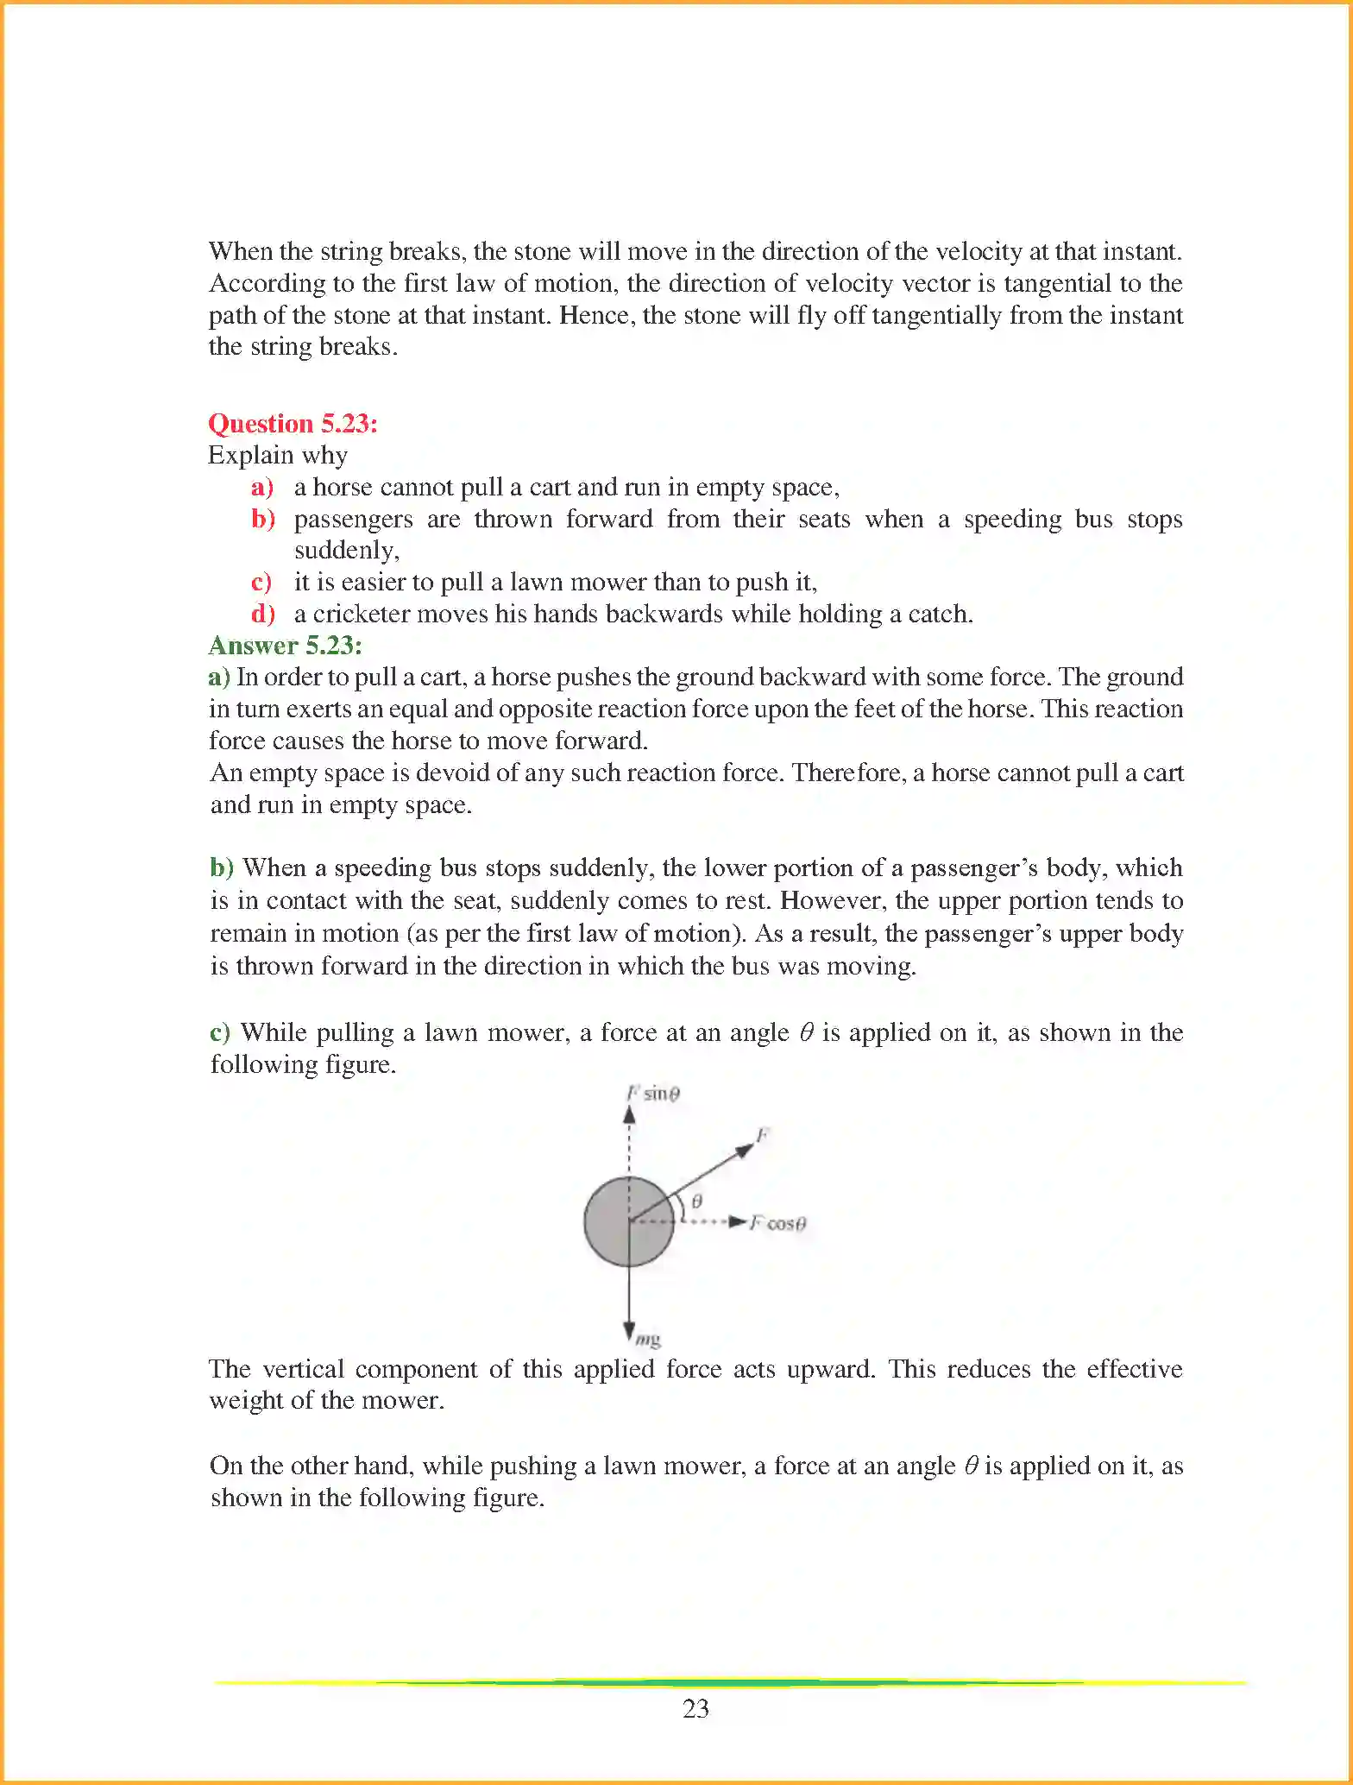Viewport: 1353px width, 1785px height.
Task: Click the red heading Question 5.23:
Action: point(293,423)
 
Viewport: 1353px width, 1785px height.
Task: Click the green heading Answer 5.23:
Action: point(285,645)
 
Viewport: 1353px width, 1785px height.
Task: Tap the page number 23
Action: point(695,1708)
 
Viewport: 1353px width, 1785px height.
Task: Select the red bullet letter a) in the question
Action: point(262,487)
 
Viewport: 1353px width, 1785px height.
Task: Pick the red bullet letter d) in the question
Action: point(262,614)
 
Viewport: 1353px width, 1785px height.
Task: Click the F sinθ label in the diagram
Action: point(653,1094)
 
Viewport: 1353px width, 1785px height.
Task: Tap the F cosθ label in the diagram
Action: point(777,1223)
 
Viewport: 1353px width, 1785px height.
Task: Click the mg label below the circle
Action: point(648,1340)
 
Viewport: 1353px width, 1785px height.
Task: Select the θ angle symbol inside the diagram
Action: point(697,1201)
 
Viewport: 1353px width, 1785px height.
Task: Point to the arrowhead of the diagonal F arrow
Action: point(746,1150)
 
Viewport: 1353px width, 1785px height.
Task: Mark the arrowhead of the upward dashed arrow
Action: point(629,1114)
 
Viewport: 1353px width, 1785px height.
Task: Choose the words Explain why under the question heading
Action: point(278,455)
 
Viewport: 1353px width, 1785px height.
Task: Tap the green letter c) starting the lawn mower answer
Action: point(220,1032)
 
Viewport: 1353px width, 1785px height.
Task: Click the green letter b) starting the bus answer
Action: point(222,867)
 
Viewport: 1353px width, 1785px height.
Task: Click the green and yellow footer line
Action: point(730,1682)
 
